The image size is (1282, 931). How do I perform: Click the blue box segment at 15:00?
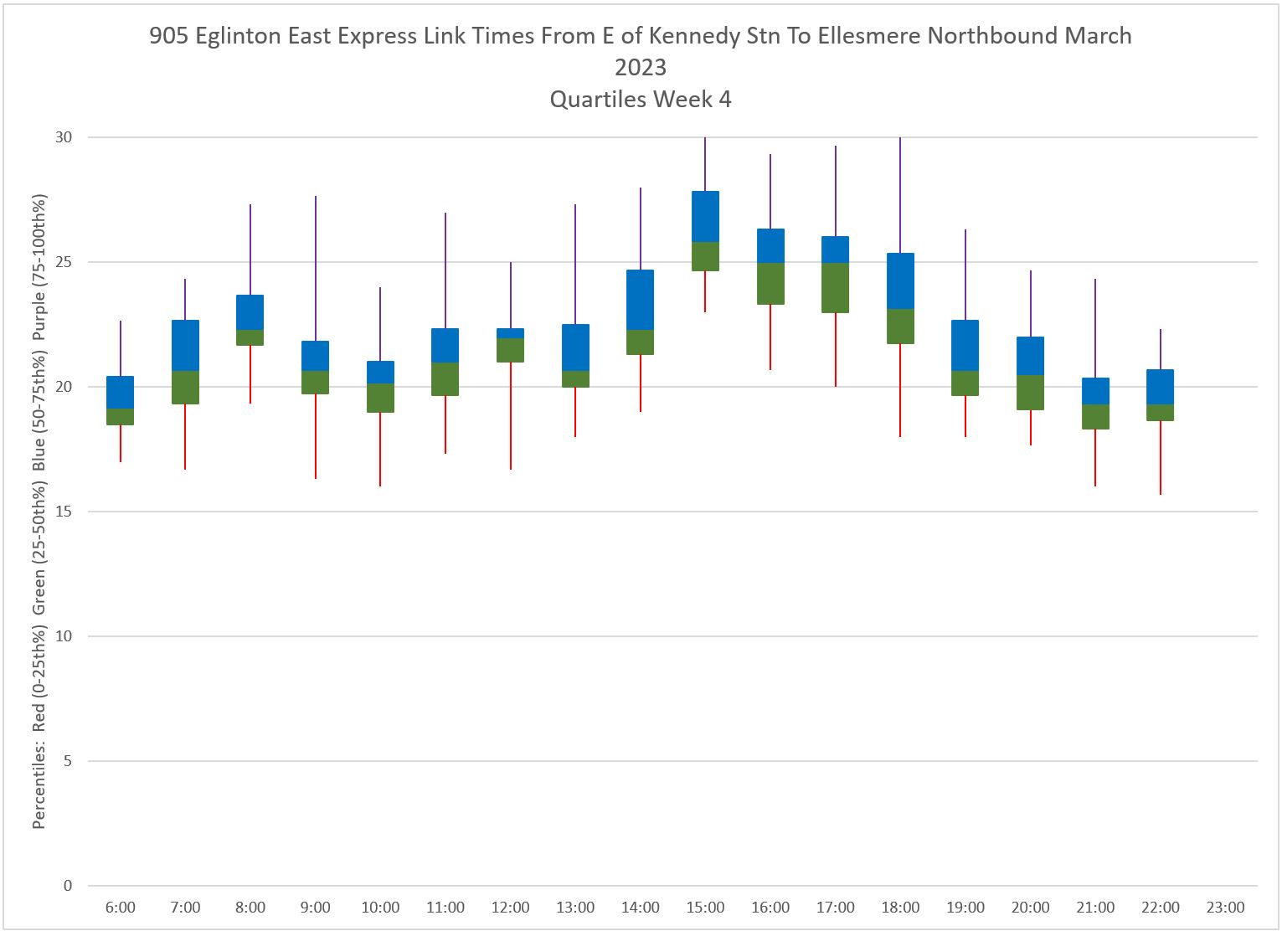[705, 217]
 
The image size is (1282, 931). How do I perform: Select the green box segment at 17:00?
[836, 288]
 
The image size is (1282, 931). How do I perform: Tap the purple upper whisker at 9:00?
[316, 268]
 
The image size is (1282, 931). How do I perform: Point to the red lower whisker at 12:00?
[511, 415]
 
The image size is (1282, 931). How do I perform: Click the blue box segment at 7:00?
[185, 345]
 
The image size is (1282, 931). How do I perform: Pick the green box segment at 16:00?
[770, 284]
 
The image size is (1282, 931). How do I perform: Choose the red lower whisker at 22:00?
[1161, 457]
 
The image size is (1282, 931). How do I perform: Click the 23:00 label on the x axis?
[1225, 908]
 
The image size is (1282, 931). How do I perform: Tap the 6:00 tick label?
[121, 908]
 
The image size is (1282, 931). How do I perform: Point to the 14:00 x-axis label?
[641, 908]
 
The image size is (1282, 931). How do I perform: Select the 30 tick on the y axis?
[64, 137]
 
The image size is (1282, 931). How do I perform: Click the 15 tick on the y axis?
[64, 512]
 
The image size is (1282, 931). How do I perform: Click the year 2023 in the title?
[641, 67]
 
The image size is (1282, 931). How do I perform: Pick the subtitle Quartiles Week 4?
[641, 99]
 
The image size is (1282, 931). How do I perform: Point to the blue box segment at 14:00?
[641, 300]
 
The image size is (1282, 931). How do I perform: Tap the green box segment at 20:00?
[1030, 393]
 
